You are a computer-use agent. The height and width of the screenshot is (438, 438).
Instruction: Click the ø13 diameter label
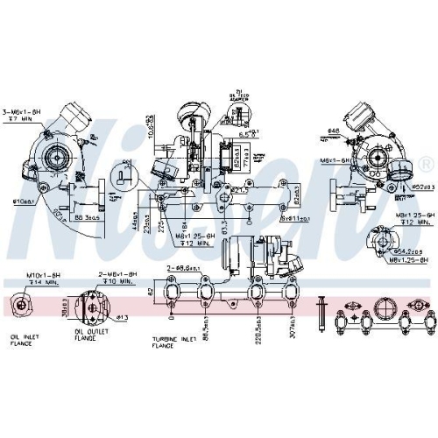pos(124,316)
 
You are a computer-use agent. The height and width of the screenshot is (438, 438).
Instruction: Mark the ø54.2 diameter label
pos(413,250)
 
